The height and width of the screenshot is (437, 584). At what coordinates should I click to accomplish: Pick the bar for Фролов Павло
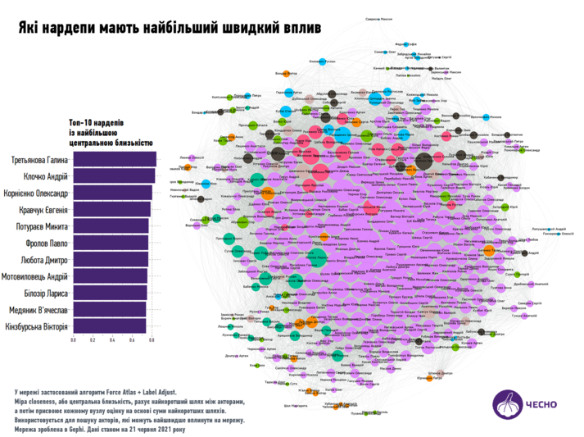(110, 244)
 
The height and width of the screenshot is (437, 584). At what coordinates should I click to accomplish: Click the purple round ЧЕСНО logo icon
(505, 404)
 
